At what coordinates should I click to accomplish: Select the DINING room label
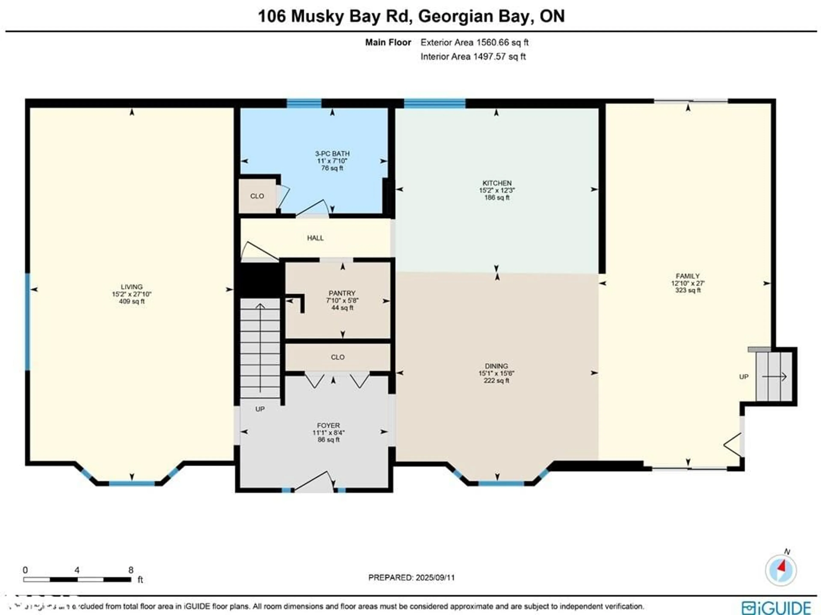pyautogui.click(x=496, y=366)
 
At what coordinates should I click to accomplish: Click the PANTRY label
pyautogui.click(x=342, y=293)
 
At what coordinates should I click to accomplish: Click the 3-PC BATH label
pyautogui.click(x=332, y=153)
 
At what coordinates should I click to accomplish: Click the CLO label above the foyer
pyautogui.click(x=337, y=357)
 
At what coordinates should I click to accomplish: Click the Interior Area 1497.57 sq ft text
pyautogui.click(x=473, y=57)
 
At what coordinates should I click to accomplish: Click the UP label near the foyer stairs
pyautogui.click(x=260, y=409)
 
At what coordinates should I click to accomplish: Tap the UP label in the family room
pyautogui.click(x=743, y=377)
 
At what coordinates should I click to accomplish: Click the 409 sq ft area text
pyautogui.click(x=131, y=301)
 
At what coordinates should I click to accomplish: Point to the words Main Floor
pyautogui.click(x=388, y=42)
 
